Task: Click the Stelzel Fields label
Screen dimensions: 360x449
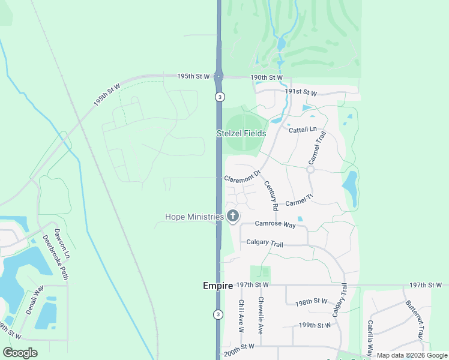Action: point(241,133)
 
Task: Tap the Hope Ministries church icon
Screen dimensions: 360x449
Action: point(233,217)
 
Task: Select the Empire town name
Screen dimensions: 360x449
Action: point(218,286)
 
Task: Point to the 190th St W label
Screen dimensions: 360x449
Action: point(267,77)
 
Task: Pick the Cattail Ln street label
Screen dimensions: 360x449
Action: point(302,130)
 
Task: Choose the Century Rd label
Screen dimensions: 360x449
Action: point(271,196)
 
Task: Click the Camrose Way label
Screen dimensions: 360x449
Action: point(276,224)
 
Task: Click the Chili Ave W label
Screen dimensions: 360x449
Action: point(241,316)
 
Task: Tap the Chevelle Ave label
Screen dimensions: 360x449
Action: point(261,315)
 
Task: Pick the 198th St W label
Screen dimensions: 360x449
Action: point(312,301)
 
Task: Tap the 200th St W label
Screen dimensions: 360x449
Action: point(239,347)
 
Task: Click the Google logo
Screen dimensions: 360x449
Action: point(20,353)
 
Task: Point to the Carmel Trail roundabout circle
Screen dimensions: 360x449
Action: point(310,170)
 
